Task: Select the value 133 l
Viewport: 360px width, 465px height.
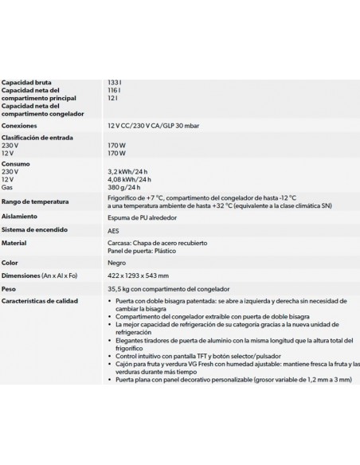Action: coord(115,82)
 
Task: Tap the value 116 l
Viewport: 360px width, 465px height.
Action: coord(115,91)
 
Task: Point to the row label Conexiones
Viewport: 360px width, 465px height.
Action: coord(20,126)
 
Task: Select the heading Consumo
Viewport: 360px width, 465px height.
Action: coord(17,163)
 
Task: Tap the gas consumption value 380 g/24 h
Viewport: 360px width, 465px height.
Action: coord(125,188)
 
